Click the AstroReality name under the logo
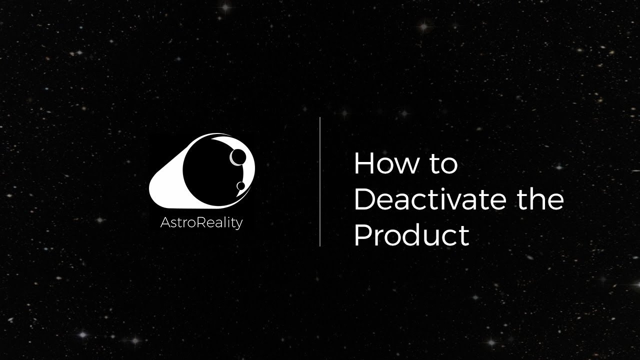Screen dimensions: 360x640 201,222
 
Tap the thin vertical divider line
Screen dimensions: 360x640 320,181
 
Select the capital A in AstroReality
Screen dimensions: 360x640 164,222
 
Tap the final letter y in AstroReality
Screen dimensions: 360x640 239,224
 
